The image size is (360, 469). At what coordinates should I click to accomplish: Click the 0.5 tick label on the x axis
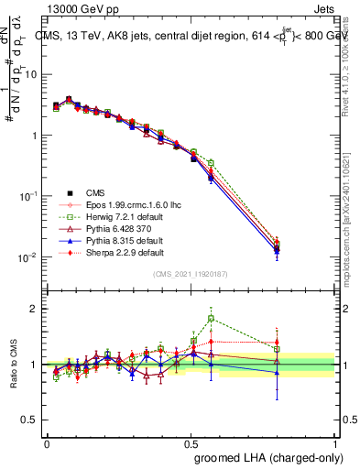191,443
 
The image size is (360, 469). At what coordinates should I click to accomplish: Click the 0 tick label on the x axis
47,443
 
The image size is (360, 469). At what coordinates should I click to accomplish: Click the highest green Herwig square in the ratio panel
212,319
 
